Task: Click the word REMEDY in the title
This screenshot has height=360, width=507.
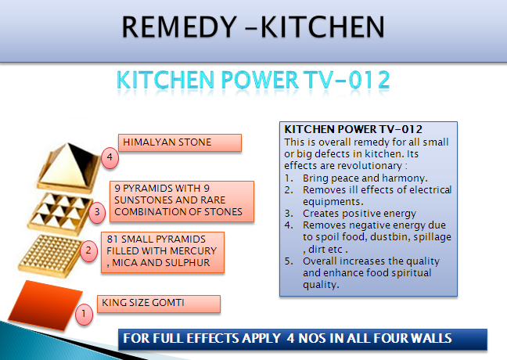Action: (x=179, y=27)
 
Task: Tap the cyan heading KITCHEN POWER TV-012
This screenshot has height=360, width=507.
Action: (x=253, y=80)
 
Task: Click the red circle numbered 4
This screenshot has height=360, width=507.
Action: (x=110, y=157)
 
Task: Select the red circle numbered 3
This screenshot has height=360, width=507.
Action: (x=97, y=212)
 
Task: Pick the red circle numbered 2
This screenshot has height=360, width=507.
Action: (x=88, y=250)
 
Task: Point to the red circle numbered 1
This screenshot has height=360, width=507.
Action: (x=84, y=314)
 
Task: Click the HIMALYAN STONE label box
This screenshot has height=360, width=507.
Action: (x=180, y=142)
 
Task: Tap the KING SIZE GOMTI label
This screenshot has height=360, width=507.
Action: (x=159, y=304)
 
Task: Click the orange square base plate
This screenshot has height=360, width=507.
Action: (x=45, y=305)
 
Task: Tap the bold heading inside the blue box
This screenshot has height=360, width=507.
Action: (x=353, y=129)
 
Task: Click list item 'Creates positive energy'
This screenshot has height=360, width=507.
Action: (x=359, y=214)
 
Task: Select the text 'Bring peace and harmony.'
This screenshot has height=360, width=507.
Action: (x=365, y=178)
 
